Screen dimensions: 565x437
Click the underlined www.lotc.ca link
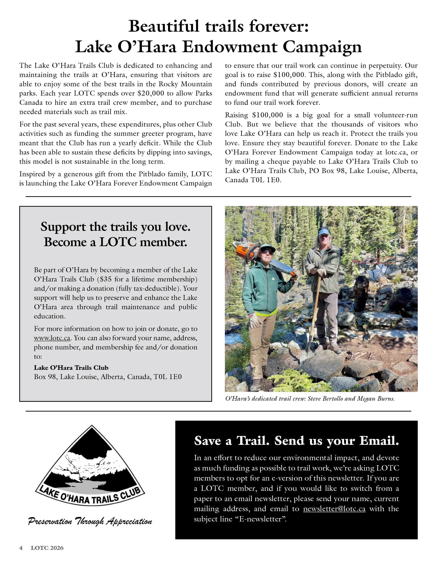(52, 338)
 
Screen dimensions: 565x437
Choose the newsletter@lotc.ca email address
(334, 509)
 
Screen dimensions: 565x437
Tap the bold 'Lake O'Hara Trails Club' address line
(71, 368)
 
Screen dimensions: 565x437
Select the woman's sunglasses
(267, 252)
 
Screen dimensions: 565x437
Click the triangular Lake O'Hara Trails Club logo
(90, 469)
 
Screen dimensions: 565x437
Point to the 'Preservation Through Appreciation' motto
(90, 521)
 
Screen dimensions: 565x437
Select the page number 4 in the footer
(21, 548)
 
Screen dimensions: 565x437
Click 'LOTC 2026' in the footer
(47, 548)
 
